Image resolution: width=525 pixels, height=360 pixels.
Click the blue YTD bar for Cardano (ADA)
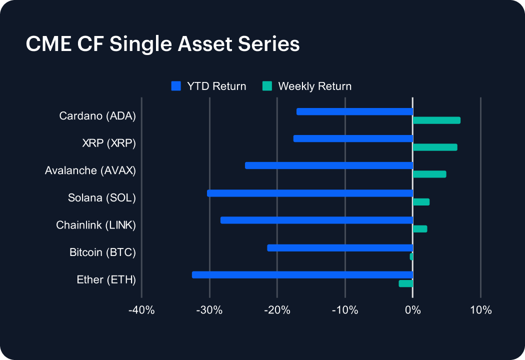[354, 111]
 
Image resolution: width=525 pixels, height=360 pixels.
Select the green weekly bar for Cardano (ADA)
[436, 120]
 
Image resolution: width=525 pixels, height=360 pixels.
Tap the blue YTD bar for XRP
[353, 138]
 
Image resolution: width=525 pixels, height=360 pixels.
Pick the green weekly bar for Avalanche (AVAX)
[429, 174]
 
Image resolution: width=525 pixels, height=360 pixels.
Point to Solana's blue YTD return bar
[310, 193]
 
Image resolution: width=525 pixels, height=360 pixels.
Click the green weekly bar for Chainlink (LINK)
[420, 228]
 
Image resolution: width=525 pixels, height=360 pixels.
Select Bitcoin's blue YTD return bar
[340, 247]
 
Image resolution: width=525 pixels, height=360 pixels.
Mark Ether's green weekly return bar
[405, 283]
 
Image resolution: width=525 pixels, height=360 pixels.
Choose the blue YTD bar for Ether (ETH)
[302, 274]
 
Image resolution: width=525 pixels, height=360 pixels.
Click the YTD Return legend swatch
[175, 86]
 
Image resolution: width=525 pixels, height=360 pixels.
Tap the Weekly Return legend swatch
[267, 86]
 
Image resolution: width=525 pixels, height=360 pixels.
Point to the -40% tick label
[141, 310]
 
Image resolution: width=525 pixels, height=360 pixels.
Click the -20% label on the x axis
[277, 310]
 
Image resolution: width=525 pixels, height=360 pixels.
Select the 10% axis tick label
[480, 310]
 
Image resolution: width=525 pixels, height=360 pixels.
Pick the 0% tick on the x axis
[412, 310]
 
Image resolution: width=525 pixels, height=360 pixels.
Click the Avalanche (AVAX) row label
[90, 170]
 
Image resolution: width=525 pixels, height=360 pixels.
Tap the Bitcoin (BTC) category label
[102, 252]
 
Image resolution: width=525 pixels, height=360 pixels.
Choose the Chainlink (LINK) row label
[95, 225]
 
